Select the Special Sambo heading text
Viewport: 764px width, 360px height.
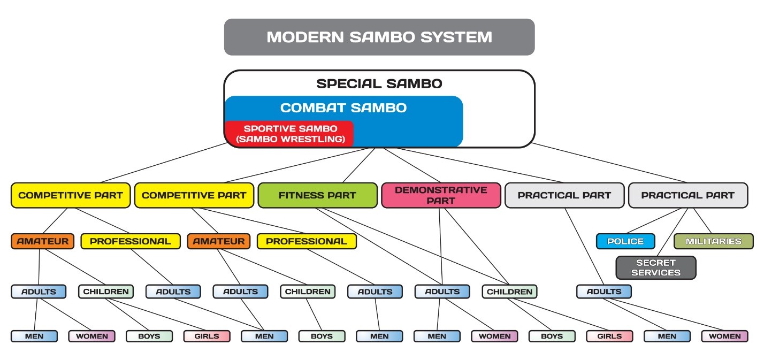(379, 83)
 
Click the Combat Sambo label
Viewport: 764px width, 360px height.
(343, 108)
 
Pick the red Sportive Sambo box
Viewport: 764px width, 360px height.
(289, 134)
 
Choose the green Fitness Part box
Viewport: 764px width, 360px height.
(317, 195)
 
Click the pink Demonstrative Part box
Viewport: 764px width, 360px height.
(440, 195)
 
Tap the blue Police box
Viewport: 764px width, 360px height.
(625, 241)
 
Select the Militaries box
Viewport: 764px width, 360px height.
(713, 241)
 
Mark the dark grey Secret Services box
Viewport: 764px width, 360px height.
(655, 267)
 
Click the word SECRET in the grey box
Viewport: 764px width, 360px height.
(655, 263)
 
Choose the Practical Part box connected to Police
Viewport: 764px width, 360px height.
(687, 195)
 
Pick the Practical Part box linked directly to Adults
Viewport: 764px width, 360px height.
(564, 195)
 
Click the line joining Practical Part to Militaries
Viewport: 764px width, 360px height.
(702, 221)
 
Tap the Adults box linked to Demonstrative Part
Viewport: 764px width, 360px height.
(442, 292)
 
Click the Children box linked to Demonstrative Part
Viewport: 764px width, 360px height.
(509, 292)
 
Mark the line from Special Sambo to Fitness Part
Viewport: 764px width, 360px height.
(358, 165)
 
